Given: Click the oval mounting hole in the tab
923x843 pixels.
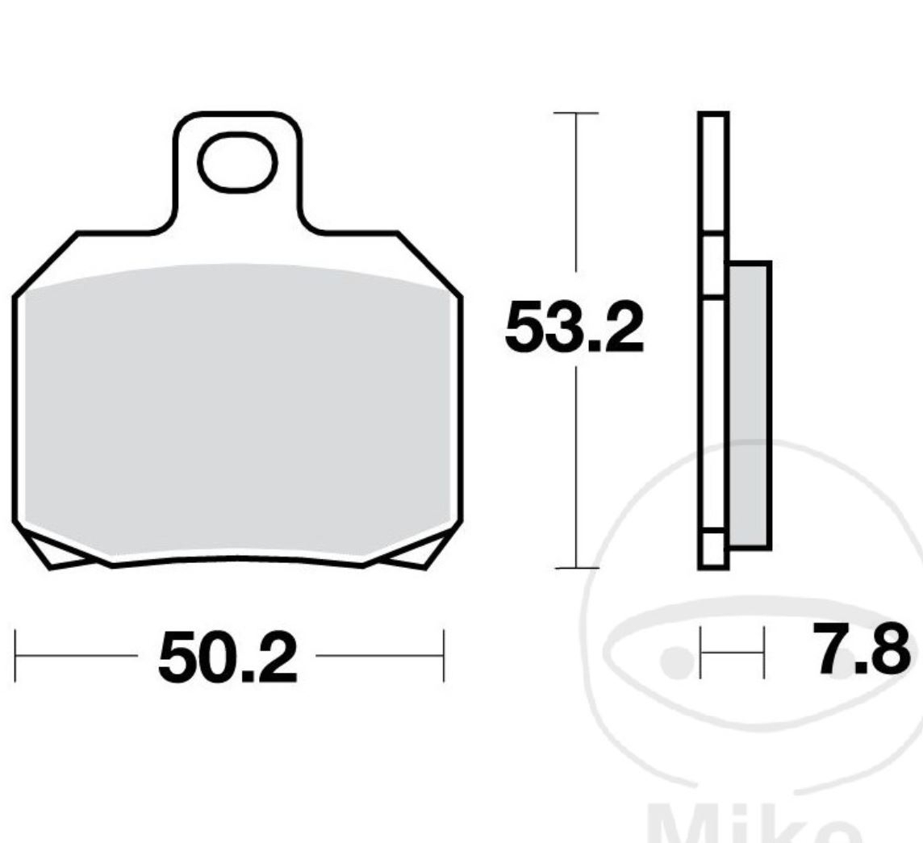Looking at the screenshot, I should pos(238,164).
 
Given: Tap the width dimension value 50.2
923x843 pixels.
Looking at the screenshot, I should pos(228,657).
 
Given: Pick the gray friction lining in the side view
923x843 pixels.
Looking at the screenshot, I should pos(749,403).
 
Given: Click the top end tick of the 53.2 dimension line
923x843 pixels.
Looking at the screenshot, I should pos(575,114).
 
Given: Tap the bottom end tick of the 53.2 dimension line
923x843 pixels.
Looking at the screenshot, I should pos(576,568).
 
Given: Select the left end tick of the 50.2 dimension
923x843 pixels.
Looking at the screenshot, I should pos(16,656).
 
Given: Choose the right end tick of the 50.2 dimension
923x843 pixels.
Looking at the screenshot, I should pos(443,656).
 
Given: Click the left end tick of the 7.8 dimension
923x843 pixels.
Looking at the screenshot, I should pos(701,652).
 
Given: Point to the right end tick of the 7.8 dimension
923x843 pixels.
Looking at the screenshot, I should pos(763,652).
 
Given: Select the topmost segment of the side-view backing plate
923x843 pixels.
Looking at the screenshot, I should pos(714,173).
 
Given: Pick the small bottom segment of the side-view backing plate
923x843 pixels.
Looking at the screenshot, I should pos(713,549).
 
